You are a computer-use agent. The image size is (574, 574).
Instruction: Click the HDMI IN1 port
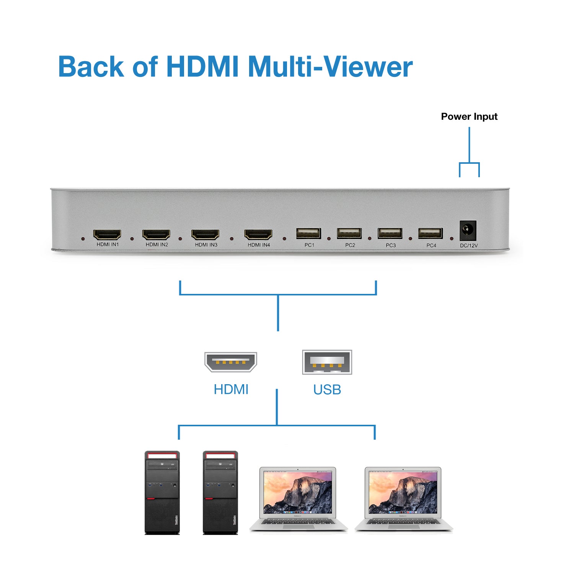tap(107, 234)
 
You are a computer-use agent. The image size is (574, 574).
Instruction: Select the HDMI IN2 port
tap(156, 234)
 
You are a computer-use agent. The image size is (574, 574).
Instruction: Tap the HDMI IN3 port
tap(205, 234)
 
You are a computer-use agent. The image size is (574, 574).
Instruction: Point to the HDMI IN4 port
tap(258, 234)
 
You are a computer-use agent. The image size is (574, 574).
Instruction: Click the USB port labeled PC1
tap(308, 233)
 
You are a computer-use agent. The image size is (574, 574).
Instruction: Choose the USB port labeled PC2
tap(349, 233)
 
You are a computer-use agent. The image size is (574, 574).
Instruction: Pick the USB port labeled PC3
tap(390, 233)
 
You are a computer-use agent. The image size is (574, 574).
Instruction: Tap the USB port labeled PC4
tap(430, 233)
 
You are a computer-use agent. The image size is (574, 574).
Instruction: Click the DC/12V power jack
tap(468, 230)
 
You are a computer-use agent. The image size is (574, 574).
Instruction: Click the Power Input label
tap(469, 117)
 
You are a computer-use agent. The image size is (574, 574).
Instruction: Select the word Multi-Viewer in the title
tap(330, 67)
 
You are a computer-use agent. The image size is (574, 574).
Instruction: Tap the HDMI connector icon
tap(231, 362)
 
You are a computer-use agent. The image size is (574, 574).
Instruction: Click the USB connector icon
tap(327, 362)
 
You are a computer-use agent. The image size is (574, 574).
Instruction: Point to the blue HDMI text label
tap(231, 390)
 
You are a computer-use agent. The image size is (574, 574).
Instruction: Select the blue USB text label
tap(327, 390)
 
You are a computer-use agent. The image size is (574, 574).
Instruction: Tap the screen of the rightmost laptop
tap(403, 492)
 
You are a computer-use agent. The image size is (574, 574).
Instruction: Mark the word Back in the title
tap(91, 67)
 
